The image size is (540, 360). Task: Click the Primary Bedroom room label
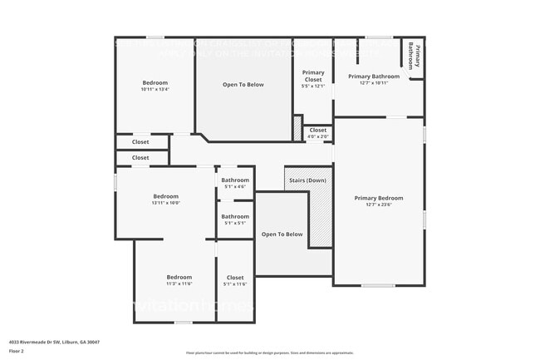point(378,198)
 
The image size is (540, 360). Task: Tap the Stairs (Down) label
point(307,180)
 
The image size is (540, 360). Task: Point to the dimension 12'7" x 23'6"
point(378,205)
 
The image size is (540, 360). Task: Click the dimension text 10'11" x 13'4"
point(155,90)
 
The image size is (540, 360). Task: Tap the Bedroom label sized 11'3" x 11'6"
point(179,277)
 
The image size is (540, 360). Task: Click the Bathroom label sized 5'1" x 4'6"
point(235,180)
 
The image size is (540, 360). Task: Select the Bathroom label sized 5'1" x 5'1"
point(235,216)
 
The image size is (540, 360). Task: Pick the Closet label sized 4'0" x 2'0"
point(318,130)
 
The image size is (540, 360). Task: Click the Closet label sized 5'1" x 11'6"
point(235,277)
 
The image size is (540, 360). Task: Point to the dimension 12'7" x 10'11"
point(374,83)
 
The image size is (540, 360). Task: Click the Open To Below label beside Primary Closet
point(243,85)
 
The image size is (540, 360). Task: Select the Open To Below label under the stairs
point(282,234)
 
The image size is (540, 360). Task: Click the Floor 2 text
point(17,352)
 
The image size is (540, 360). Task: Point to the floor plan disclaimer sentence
point(269,353)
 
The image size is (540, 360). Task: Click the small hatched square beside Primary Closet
point(297,127)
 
